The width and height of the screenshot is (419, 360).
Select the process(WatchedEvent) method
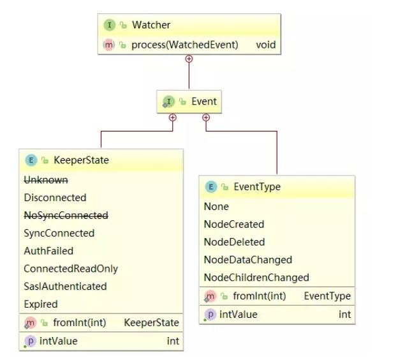click(185, 45)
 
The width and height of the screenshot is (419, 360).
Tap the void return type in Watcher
click(265, 45)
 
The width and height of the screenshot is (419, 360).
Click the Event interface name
click(204, 101)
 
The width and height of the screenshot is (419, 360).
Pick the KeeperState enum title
click(81, 160)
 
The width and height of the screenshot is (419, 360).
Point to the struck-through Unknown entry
click(46, 180)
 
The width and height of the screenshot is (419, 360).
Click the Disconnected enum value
click(55, 198)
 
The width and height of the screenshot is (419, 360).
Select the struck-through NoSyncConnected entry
click(66, 216)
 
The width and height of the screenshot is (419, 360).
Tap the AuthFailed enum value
click(48, 251)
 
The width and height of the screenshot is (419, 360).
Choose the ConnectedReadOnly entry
click(71, 269)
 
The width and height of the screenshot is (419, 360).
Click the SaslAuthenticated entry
click(65, 287)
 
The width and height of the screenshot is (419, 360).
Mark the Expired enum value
click(41, 304)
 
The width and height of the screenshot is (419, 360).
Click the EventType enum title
click(257, 187)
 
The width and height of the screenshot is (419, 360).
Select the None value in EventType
click(216, 207)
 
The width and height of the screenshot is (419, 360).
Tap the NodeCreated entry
click(233, 225)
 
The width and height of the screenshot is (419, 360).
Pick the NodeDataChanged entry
click(247, 260)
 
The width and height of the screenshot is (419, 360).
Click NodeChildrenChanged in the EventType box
click(256, 278)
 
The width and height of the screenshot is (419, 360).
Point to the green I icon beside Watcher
click(109, 26)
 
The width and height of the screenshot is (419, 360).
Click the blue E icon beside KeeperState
click(30, 160)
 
